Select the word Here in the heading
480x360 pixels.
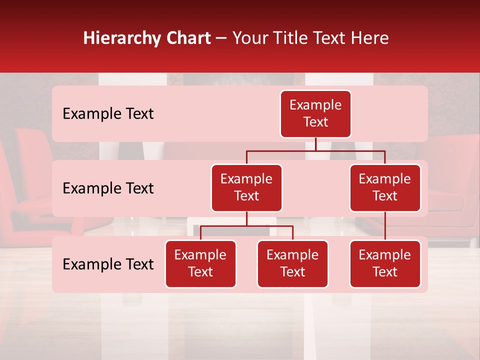[x=369, y=38]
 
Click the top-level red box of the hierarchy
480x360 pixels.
[x=315, y=114]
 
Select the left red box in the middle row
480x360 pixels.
[x=246, y=188]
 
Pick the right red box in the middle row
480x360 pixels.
[x=385, y=188]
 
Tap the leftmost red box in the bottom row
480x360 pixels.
[x=200, y=264]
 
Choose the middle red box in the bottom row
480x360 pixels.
[x=292, y=264]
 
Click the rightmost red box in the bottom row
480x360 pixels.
[x=385, y=264]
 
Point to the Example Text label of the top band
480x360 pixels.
[x=108, y=114]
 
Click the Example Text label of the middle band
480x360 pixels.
[x=108, y=188]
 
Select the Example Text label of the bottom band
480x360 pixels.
[x=108, y=264]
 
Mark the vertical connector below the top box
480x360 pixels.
[x=315, y=144]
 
